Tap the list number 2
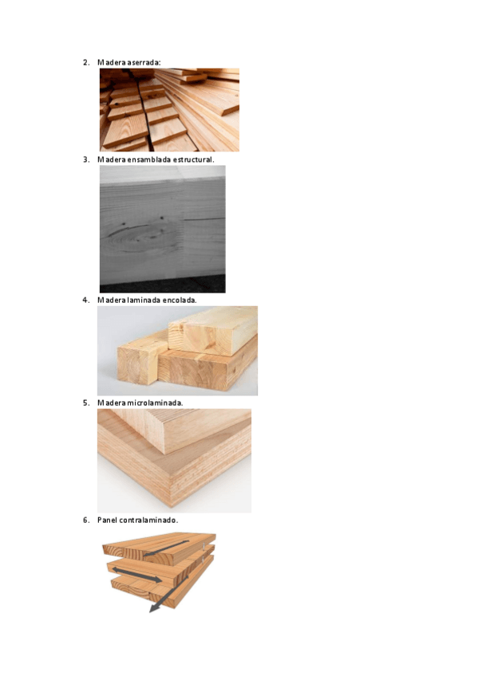pyautogui.click(x=86, y=62)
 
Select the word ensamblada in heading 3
pyautogui.click(x=149, y=159)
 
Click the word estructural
pyautogui.click(x=194, y=159)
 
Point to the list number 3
pyautogui.click(x=86, y=159)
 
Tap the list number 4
pyautogui.click(x=86, y=300)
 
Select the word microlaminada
pyautogui.click(x=155, y=403)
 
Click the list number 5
pyautogui.click(x=86, y=403)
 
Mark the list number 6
pyautogui.click(x=86, y=521)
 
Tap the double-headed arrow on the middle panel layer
pyautogui.click(x=137, y=575)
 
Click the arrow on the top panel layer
pyautogui.click(x=166, y=548)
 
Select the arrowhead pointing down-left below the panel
pyautogui.click(x=153, y=608)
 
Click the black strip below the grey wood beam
pyautogui.click(x=163, y=285)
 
